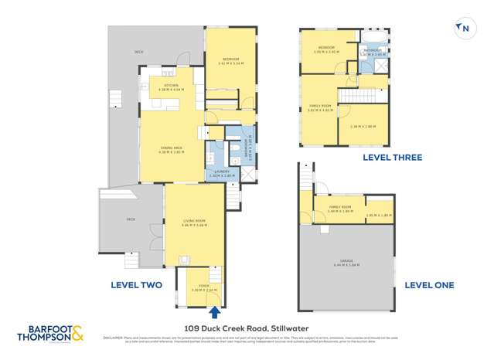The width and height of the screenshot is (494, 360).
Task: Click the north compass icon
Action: [464, 29]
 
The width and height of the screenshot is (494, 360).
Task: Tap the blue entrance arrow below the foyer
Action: [214, 312]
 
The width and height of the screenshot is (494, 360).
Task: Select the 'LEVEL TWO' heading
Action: [136, 285]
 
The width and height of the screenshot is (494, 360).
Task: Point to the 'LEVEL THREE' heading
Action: [393, 158]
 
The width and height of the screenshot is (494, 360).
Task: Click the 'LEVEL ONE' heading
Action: [429, 285]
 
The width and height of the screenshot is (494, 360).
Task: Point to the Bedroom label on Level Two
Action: [230, 60]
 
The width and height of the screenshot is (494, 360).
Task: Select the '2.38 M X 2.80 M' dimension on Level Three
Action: [363, 126]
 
